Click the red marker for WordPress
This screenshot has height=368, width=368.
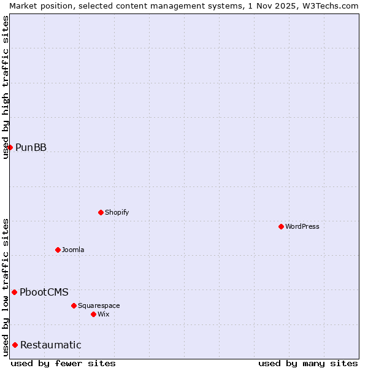pos(281,226)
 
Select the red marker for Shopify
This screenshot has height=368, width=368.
pos(101,212)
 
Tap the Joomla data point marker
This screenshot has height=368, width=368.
pos(58,250)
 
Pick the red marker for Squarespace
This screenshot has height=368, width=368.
pos(74,305)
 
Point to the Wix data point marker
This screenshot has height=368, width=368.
pos(93,314)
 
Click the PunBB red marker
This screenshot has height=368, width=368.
pos(10,147)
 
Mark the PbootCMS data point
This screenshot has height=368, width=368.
pos(14,292)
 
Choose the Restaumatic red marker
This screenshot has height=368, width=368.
pos(15,345)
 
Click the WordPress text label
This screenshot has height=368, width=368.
pos(302,226)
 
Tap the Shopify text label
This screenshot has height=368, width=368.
pos(117,212)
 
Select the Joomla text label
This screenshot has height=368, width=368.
pos(73,250)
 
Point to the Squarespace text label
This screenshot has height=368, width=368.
pos(99,305)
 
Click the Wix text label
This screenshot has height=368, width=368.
pos(104,314)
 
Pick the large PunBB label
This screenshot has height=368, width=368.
pos(31,147)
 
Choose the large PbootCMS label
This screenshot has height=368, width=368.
pos(44,292)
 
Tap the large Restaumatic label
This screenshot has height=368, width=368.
pos(50,345)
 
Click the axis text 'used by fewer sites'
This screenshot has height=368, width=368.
pos(63,363)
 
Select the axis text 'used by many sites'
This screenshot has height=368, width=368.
pos(308,363)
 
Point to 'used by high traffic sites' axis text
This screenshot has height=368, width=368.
pos(6,87)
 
